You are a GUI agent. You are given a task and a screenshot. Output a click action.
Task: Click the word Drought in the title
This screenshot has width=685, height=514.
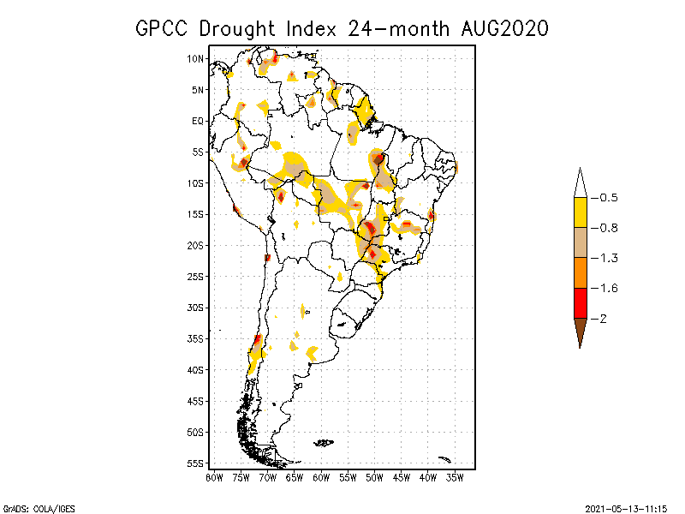coord(241,28)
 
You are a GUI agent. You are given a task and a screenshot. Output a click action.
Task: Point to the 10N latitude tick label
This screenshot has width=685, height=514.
coord(195,58)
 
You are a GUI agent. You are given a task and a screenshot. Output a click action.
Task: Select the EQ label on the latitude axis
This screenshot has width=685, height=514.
coord(198,121)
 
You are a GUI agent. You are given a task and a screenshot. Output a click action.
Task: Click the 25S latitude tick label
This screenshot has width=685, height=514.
coord(195,276)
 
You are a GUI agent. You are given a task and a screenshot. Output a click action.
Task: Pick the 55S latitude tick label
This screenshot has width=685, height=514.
coord(195,463)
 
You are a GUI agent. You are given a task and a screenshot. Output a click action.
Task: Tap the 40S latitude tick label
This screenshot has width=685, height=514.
coord(195,369)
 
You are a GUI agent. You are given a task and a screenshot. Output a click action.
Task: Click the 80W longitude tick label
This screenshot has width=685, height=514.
coord(214,477)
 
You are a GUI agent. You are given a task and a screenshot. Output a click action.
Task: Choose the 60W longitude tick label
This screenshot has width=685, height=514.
coord(322,477)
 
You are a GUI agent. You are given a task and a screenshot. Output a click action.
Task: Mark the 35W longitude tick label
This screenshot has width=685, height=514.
coord(456,477)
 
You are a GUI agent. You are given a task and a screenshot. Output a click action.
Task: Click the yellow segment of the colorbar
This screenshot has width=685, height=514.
coord(580,212)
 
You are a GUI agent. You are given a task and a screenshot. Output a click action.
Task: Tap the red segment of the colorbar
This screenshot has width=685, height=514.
coord(580,302)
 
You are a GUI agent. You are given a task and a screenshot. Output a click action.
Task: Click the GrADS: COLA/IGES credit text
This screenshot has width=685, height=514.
coord(39,508)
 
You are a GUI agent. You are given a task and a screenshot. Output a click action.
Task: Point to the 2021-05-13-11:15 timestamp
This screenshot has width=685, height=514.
coord(626,508)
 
